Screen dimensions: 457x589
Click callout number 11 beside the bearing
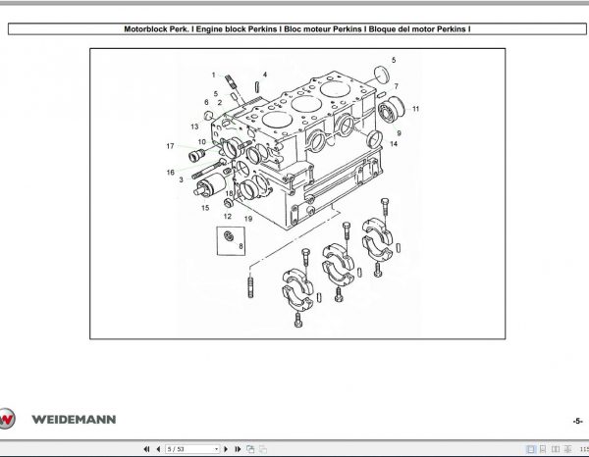415,108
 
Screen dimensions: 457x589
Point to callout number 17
170,146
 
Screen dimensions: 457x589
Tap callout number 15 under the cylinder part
204,208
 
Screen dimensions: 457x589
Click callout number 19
248,219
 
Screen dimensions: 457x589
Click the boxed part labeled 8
229,239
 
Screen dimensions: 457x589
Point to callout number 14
393,143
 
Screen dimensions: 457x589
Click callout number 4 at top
263,75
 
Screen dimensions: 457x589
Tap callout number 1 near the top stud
212,75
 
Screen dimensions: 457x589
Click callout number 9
398,131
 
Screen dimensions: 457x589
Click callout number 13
195,127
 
